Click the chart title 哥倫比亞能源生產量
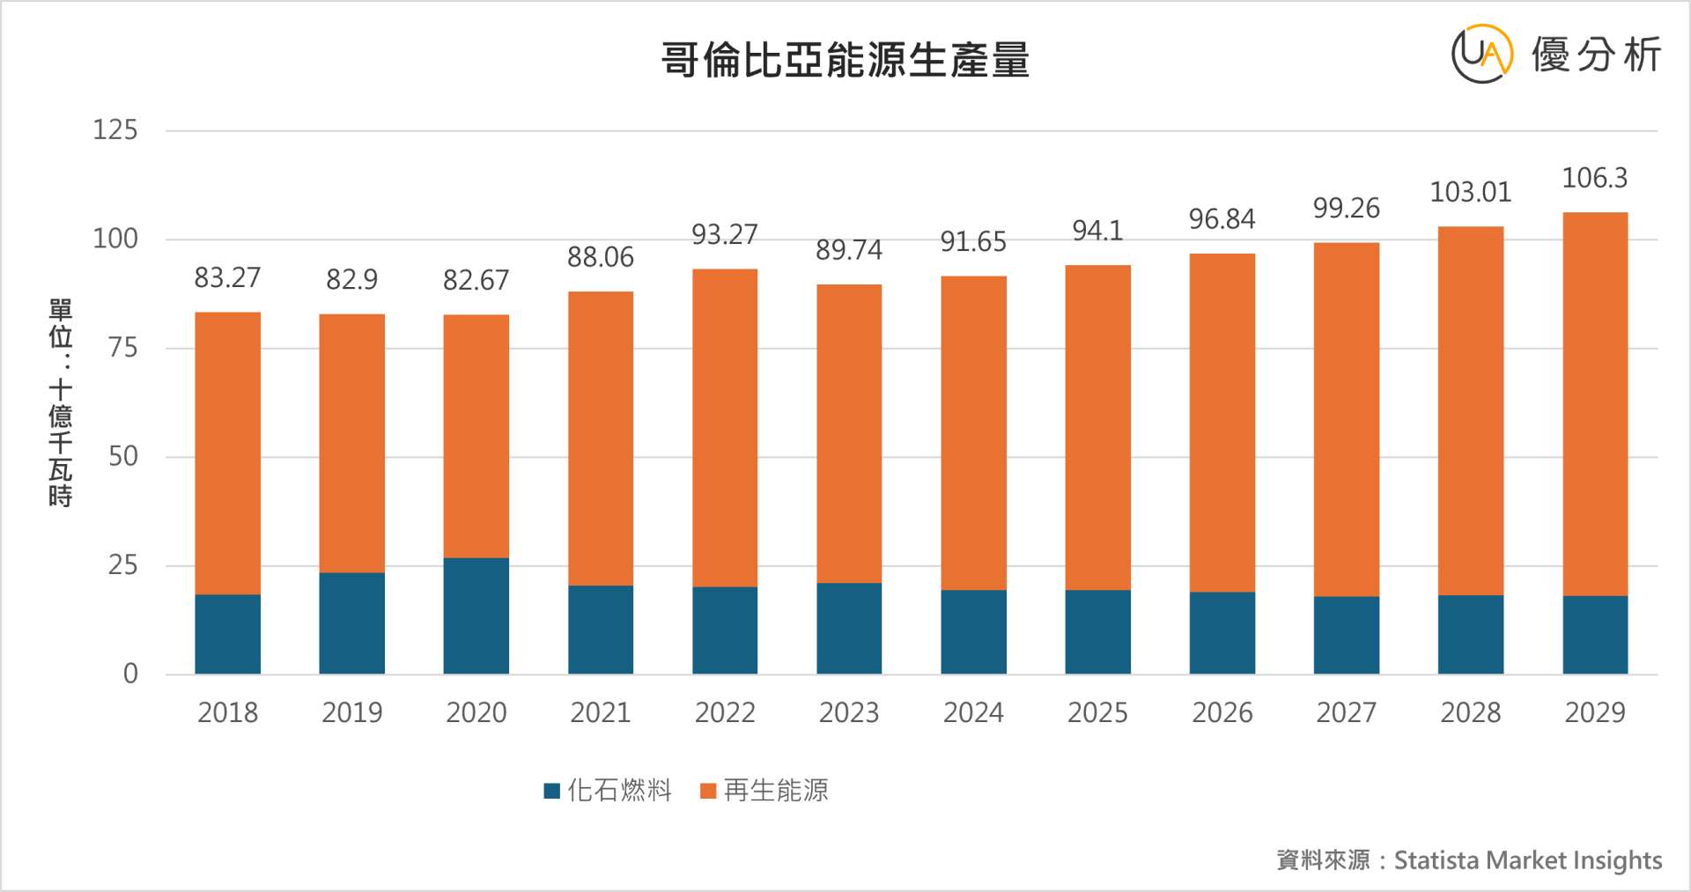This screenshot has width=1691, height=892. click(x=845, y=60)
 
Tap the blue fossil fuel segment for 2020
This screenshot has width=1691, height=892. click(x=476, y=616)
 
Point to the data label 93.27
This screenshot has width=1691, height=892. click(x=724, y=234)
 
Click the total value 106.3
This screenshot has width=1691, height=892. click(x=1594, y=178)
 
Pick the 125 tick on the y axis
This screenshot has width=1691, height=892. click(x=115, y=130)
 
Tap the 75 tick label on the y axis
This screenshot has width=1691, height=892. click(x=122, y=348)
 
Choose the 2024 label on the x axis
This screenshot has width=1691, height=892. click(x=973, y=711)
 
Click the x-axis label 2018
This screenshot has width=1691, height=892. click(x=227, y=711)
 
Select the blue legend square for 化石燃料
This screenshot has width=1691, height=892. click(x=552, y=791)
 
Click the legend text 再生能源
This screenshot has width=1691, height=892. click(x=776, y=791)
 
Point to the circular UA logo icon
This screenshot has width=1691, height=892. click(x=1481, y=54)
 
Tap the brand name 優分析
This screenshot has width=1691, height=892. click(x=1596, y=55)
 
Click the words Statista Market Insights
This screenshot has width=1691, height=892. click(x=1528, y=859)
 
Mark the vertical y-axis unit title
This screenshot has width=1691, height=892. click(x=60, y=402)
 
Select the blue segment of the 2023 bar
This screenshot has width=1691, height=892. click(x=848, y=628)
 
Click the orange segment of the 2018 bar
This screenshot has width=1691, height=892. click(x=227, y=453)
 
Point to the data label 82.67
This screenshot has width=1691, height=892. click(x=476, y=280)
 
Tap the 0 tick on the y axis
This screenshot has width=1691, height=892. click(x=130, y=674)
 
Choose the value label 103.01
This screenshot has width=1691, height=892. click(x=1470, y=192)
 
